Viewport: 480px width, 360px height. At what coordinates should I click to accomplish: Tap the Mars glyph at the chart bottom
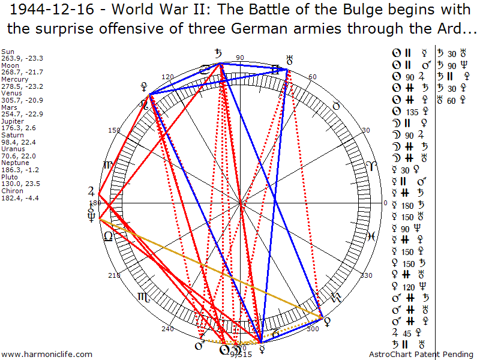pyautogui.click(x=198, y=346)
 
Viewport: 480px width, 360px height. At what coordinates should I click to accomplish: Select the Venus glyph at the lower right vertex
pyautogui.click(x=326, y=321)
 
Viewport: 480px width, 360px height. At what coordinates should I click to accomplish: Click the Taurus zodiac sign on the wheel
pyautogui.click(x=337, y=106)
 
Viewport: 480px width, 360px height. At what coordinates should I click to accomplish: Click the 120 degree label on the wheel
pyautogui.click(x=167, y=77)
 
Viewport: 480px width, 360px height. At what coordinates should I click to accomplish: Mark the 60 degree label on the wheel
pyautogui.click(x=312, y=77)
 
